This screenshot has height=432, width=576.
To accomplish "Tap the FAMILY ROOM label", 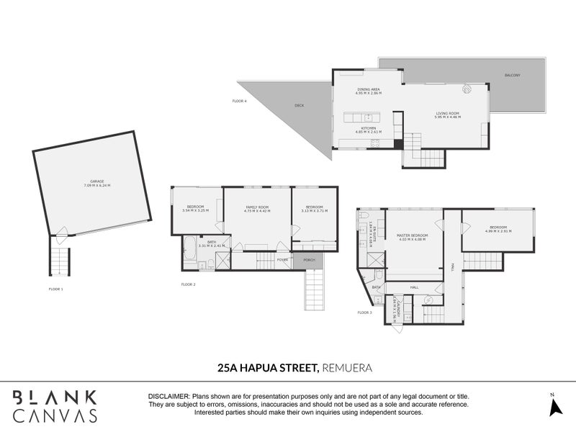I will pos(257,207).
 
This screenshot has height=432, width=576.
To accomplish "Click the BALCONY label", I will pos(512,75).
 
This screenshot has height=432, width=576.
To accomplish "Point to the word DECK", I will pos(299,106).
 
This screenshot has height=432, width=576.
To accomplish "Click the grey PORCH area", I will pos(309,260).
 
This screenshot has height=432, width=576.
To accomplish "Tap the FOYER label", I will pos(282,260).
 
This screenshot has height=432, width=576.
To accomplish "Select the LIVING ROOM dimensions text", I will pos(447,117).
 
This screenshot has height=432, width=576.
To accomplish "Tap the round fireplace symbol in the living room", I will pos(467,89).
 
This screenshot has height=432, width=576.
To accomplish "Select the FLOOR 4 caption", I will pos(239,101).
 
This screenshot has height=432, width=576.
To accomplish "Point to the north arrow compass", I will pos(554,405).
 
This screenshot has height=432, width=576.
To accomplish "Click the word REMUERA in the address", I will pos(347,367).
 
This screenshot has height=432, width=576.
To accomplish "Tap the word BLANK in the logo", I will pos(55,397).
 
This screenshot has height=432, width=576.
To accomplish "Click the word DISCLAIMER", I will pos(168,397).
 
